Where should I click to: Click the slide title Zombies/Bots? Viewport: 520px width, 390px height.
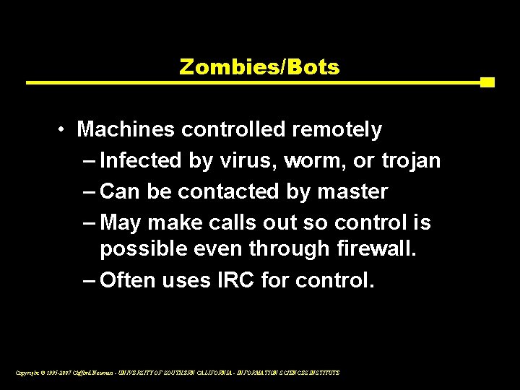259,67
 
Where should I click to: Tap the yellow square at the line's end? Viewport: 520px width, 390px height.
487,82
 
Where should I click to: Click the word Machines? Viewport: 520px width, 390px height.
126,130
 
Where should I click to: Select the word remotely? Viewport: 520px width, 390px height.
337,130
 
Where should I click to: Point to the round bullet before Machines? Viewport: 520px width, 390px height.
64,130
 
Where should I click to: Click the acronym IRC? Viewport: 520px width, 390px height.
233,279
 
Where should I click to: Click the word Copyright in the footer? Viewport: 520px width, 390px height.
26,373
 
